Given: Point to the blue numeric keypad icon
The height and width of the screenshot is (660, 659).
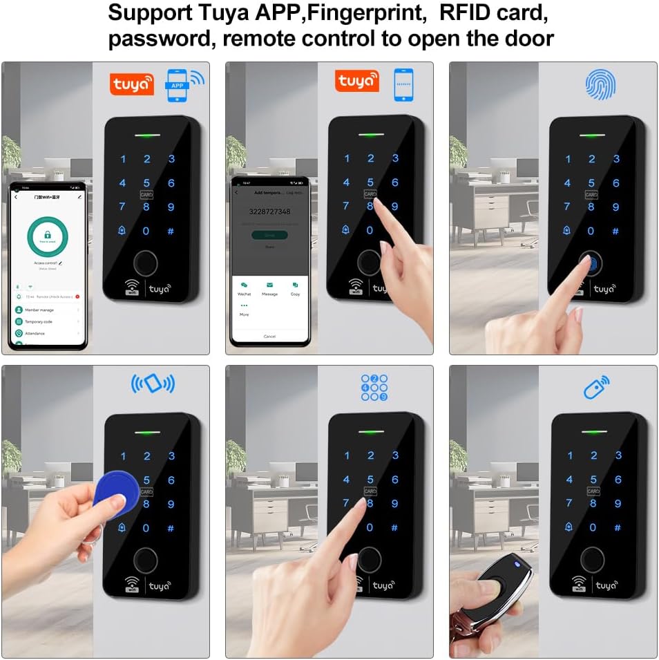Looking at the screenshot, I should pyautogui.click(x=374, y=388).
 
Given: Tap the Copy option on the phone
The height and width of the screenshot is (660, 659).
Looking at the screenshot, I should pyautogui.click(x=295, y=288).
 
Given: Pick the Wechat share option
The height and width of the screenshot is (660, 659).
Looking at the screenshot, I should pyautogui.click(x=244, y=288).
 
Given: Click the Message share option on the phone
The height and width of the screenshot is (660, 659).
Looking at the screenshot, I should pyautogui.click(x=269, y=288).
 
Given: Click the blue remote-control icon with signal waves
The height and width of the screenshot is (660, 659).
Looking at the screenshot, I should pyautogui.click(x=596, y=387).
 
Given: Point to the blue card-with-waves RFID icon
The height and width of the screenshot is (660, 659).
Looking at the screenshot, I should pyautogui.click(x=153, y=384).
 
